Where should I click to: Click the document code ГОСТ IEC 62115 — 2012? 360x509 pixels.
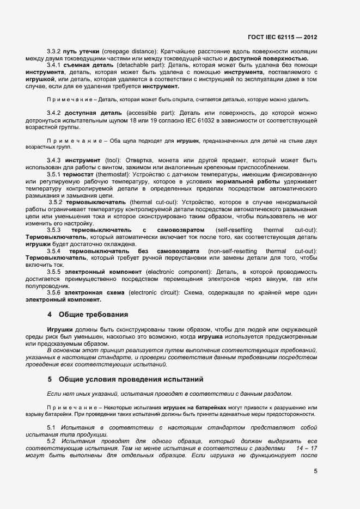(x=282, y=38)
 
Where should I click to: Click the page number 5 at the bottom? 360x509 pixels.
(x=315, y=471)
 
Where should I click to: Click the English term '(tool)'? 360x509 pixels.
(x=114, y=160)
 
